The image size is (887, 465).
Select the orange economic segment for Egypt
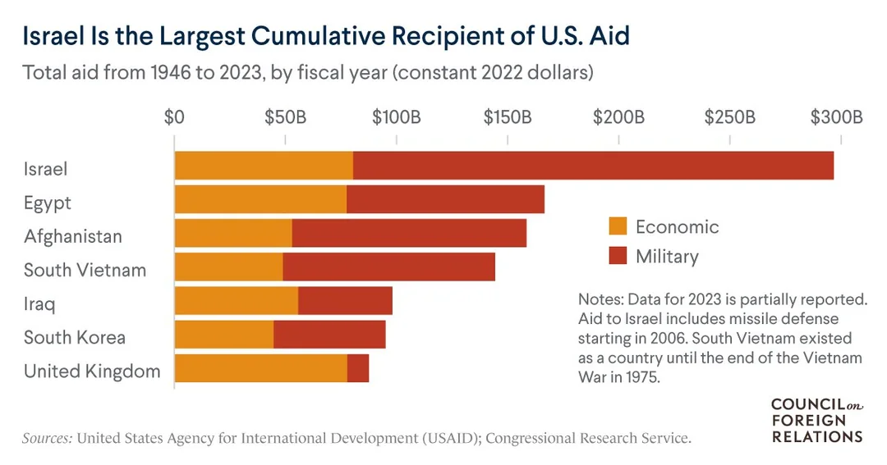pyautogui.click(x=260, y=199)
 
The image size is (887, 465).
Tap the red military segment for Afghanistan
pyautogui.click(x=409, y=233)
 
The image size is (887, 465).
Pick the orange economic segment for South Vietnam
pyautogui.click(x=228, y=267)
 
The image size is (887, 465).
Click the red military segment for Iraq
pyautogui.click(x=345, y=301)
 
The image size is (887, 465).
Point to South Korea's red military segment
pyautogui.click(x=329, y=335)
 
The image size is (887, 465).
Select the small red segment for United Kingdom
pyautogui.click(x=358, y=368)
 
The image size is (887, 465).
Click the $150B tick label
pyautogui.click(x=508, y=117)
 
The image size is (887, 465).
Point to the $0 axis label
pyautogui.click(x=174, y=117)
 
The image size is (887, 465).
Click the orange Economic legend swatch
pyautogui.click(x=617, y=226)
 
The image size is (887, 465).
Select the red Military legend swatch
pyautogui.click(x=617, y=256)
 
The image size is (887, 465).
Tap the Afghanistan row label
pyautogui.click(x=73, y=236)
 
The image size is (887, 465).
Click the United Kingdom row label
pyautogui.click(x=92, y=371)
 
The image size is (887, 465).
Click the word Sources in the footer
pyautogui.click(x=48, y=438)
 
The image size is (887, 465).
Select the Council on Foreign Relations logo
pyautogui.click(x=816, y=420)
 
